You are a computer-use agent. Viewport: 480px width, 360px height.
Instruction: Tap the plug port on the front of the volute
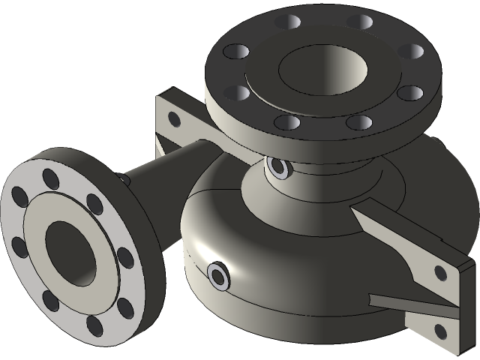pos(218,275)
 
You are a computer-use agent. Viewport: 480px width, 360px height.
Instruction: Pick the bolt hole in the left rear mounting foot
pos(174,118)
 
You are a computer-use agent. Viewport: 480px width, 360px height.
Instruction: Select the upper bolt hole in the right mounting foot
pos(440,272)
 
